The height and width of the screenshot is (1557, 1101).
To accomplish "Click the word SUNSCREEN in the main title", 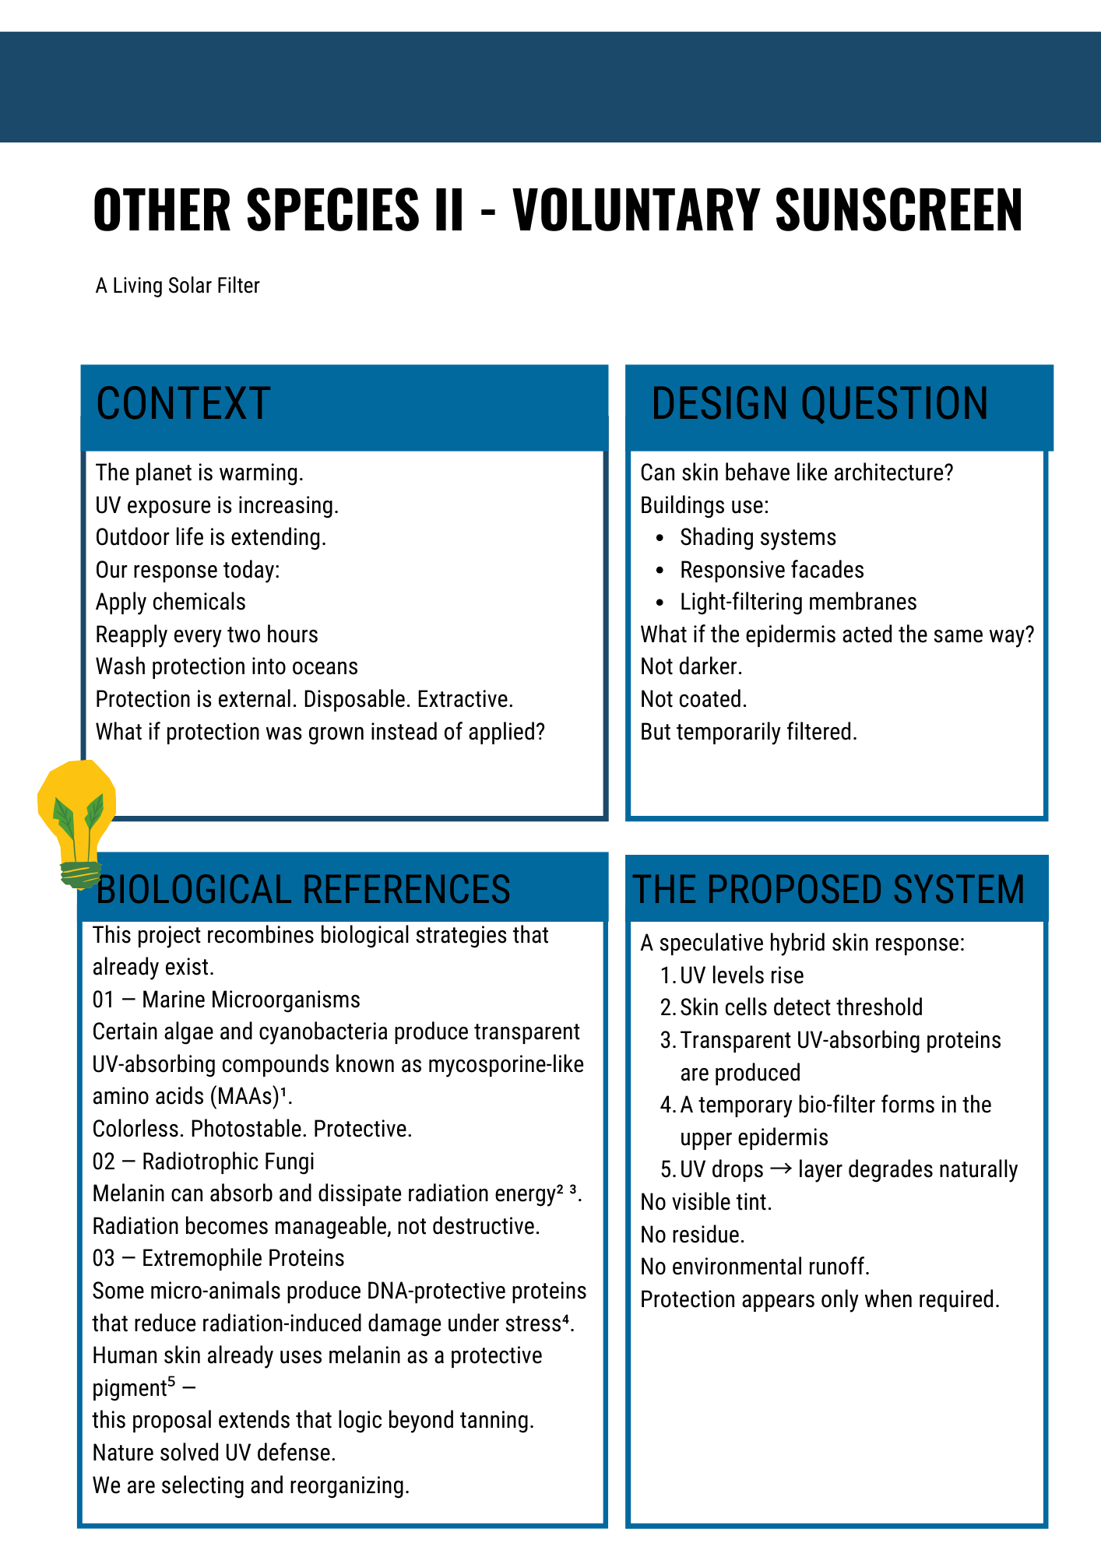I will (x=899, y=210).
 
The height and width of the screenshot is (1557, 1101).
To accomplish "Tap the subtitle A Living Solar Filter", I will (x=178, y=286).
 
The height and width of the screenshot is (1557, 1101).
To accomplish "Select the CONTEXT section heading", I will (x=183, y=404).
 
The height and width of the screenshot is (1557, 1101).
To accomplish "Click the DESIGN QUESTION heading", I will (x=819, y=404).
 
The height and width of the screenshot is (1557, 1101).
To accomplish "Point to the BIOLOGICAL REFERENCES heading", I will (x=304, y=890).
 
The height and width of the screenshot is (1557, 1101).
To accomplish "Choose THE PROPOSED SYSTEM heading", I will (x=829, y=890).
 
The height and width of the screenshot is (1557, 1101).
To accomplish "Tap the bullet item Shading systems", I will (x=758, y=537).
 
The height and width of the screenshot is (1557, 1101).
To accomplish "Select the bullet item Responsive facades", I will (x=772, y=570).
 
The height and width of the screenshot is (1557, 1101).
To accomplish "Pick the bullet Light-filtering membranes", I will (x=798, y=602).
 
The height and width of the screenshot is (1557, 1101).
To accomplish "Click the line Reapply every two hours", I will (x=206, y=634).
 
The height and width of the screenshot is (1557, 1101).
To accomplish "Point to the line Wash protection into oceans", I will (x=227, y=666).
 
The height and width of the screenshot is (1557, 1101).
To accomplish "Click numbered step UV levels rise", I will (x=741, y=975).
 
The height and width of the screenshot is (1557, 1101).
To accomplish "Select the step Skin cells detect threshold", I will (x=801, y=1007).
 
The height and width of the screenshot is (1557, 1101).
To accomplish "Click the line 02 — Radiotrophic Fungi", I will (x=203, y=1162).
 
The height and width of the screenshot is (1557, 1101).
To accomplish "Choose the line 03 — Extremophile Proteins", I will (x=218, y=1258).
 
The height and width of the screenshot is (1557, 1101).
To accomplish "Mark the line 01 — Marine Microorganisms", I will (x=226, y=1000).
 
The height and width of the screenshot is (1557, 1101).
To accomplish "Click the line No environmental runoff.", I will (x=755, y=1267).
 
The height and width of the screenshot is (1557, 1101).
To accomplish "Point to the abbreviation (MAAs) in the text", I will (x=244, y=1096).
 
